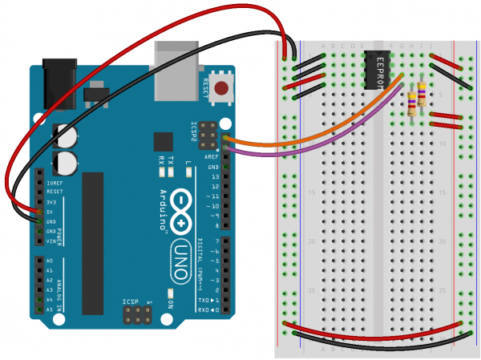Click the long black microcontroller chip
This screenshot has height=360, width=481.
point(93,244)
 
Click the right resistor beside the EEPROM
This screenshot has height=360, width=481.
point(422,98)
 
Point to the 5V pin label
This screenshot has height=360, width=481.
point(49,212)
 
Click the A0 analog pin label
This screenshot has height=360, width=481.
point(49,261)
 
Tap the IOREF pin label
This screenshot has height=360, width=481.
point(54,184)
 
